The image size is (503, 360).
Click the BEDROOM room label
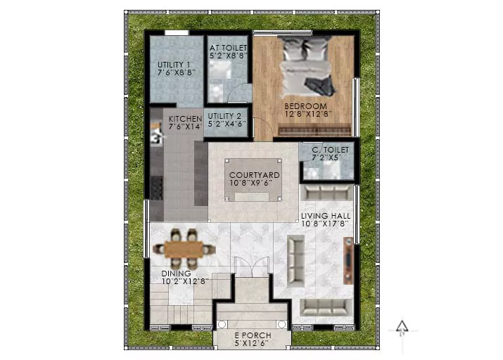305,106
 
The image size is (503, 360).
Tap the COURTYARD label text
255,175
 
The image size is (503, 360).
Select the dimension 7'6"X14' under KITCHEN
185,127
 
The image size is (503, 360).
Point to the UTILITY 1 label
174,65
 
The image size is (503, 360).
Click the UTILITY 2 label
224,116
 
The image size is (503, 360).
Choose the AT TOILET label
228,48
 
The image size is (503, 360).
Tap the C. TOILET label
330,150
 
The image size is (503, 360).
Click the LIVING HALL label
326,216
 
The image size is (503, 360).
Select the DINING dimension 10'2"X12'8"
185,281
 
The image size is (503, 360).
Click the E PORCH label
253,335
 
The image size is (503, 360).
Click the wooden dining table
184,249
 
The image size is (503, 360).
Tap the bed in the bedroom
307,67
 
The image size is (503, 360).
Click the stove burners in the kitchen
157,188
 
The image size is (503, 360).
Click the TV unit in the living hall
348,260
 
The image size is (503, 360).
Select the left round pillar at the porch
222,324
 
